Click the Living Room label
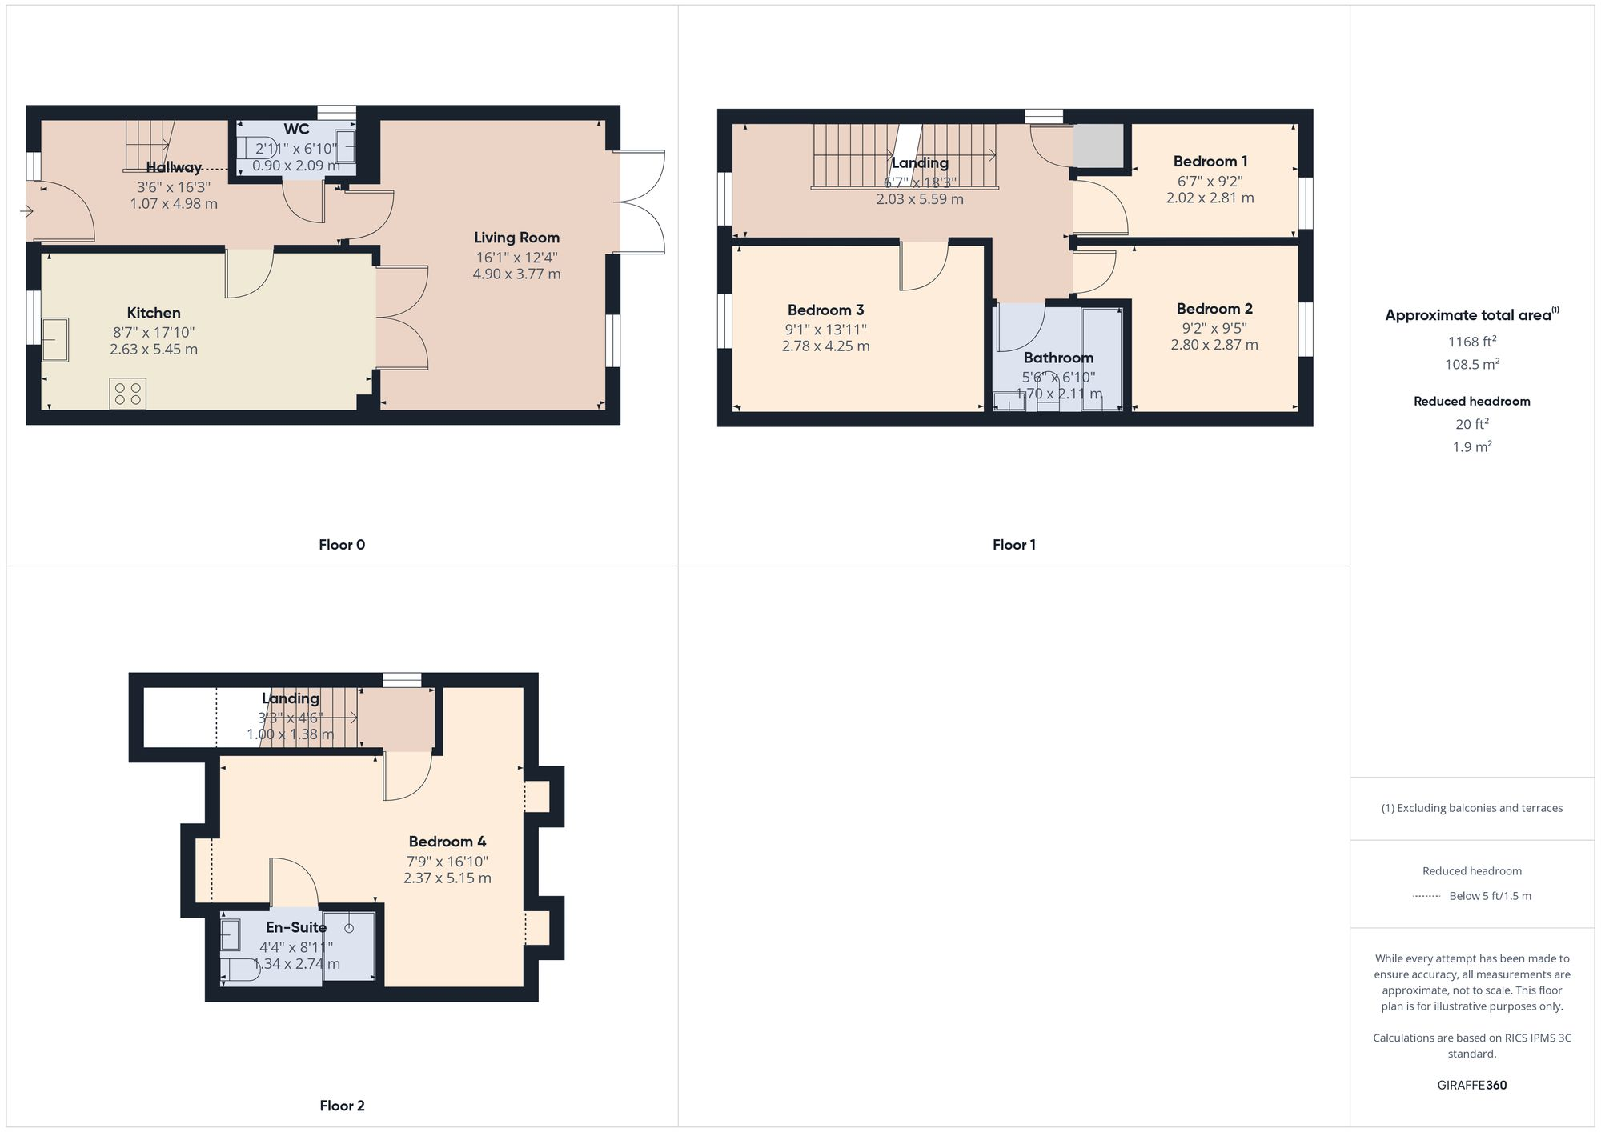pos(516,238)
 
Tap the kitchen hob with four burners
pos(128,393)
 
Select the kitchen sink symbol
pos(55,339)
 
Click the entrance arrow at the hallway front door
pos(26,211)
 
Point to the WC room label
pos(296,130)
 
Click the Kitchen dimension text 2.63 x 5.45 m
pos(154,350)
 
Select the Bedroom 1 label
pos(1210,162)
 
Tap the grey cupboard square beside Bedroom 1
pos(1098,146)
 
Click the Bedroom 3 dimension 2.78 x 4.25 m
pos(825,346)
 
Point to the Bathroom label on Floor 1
pos(1058,358)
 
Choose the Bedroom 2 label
pos(1214,309)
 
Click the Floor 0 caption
pos(342,545)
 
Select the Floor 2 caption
pos(342,1106)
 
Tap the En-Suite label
pos(296,927)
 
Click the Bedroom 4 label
pos(447,842)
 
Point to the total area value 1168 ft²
pos(1471,342)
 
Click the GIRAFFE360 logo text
pos(1471,1086)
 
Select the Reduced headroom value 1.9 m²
pos(1471,447)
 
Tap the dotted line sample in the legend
pos(1426,896)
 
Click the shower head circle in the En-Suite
pos(349,928)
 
